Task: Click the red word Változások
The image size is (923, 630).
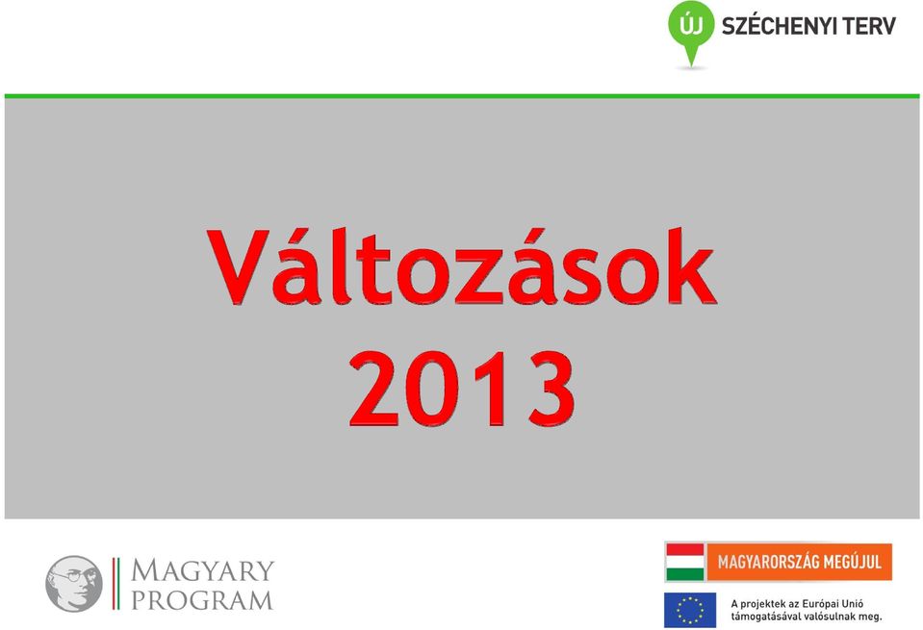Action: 462,266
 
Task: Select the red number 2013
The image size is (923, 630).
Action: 462,389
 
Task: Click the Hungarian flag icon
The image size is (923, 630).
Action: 684,562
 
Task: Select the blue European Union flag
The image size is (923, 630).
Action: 690,610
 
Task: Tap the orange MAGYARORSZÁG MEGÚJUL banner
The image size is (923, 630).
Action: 800,562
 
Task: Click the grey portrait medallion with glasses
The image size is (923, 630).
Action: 74,584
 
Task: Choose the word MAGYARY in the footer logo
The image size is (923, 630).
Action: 202,570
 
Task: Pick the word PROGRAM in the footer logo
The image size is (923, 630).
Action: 202,600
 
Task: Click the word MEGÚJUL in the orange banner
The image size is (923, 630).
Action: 852,562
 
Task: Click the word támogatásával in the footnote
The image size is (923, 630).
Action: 760,617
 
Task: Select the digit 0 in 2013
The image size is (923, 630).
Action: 431,389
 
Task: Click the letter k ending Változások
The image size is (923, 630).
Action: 692,266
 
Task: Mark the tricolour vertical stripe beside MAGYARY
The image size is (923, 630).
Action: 115,584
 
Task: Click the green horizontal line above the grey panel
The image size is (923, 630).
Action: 462,96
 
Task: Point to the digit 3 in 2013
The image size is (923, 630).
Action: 551,389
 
